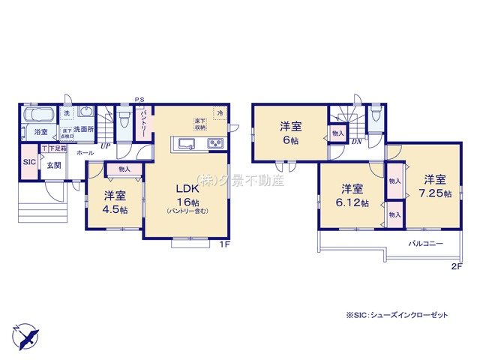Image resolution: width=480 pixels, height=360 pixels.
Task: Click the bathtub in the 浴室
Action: (x=38, y=115)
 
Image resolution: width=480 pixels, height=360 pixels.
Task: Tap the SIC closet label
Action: (x=29, y=161)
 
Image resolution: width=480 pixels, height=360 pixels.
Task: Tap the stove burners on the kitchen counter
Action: (x=214, y=144)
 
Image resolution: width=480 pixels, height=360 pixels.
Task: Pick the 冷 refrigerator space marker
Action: (x=220, y=112)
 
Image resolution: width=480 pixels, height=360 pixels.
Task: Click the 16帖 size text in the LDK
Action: (x=187, y=202)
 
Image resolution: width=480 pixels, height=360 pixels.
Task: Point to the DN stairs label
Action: (x=358, y=141)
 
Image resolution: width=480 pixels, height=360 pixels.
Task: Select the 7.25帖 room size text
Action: (x=436, y=193)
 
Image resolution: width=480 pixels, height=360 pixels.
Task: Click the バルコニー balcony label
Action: (x=425, y=244)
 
